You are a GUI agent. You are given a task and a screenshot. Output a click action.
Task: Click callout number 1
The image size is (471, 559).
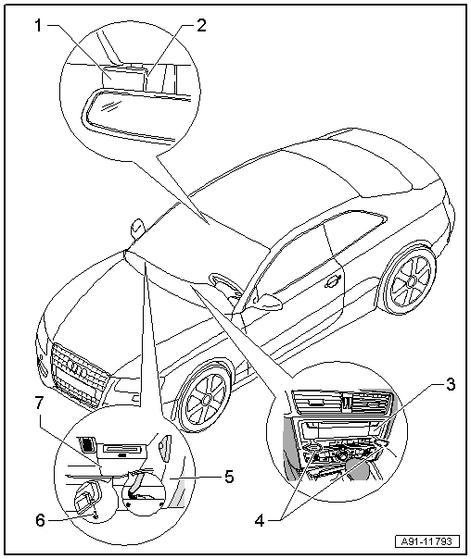[38, 26]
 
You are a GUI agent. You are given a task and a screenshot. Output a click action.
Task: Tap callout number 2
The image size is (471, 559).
[201, 26]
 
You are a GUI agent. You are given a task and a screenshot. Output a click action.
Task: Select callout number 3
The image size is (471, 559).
[451, 384]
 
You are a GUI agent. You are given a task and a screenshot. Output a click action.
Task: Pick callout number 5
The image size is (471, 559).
[229, 477]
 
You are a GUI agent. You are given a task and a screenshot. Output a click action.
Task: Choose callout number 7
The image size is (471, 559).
[39, 404]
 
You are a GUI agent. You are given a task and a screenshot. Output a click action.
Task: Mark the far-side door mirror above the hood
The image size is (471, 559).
[137, 229]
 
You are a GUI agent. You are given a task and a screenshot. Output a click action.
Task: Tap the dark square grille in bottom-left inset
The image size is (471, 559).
[86, 444]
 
